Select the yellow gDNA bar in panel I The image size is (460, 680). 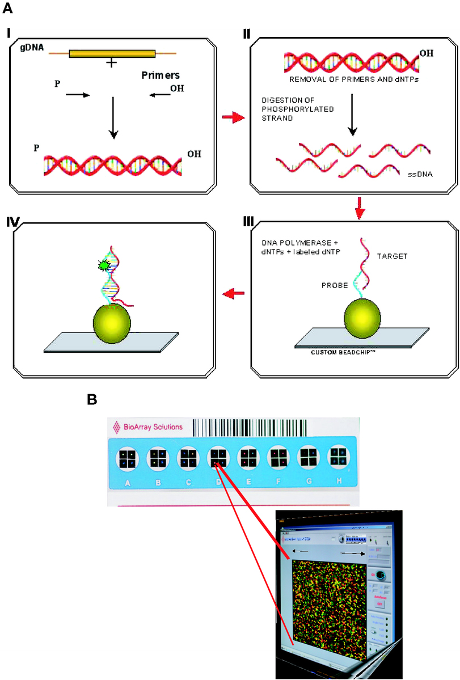pyautogui.click(x=112, y=54)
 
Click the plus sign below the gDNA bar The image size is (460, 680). pyautogui.click(x=112, y=64)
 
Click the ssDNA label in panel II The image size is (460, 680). pyautogui.click(x=420, y=174)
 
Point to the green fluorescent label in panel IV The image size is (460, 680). pyautogui.click(x=103, y=264)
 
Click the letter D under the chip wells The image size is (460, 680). pyautogui.click(x=218, y=484)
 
